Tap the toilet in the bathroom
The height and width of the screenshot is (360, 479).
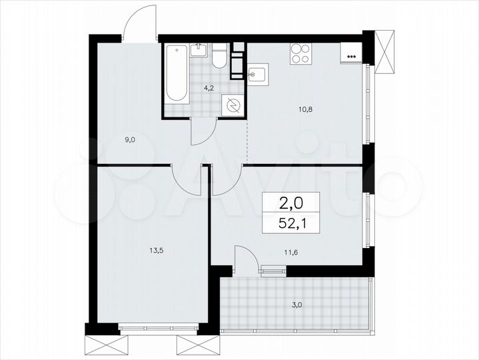[x=219, y=58]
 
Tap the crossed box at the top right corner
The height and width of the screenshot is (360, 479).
[x=384, y=51]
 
